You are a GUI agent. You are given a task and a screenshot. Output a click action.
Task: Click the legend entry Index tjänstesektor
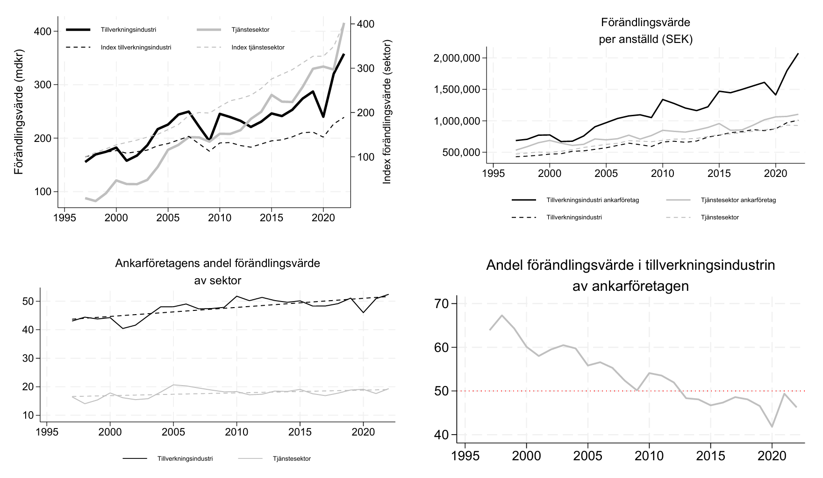pyautogui.click(x=258, y=48)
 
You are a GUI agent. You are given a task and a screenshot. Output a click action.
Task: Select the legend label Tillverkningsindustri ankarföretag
pyautogui.click(x=592, y=200)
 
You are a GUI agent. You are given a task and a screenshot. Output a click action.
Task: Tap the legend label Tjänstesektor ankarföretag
pyautogui.click(x=738, y=200)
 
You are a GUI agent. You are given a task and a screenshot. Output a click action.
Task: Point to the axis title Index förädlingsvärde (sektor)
pyautogui.click(x=386, y=112)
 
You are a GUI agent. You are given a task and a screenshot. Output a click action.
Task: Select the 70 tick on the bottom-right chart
pyautogui.click(x=441, y=304)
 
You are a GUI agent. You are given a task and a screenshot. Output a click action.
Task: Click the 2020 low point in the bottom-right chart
pyautogui.click(x=772, y=427)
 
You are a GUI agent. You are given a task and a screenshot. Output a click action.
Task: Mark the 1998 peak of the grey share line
pyautogui.click(x=502, y=315)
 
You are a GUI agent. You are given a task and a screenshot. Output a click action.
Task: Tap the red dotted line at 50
pyautogui.click(x=608, y=391)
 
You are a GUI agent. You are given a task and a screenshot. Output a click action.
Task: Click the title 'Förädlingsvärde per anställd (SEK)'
pyautogui.click(x=645, y=31)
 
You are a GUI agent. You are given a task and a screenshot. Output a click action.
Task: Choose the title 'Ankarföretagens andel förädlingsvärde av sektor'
pyautogui.click(x=217, y=272)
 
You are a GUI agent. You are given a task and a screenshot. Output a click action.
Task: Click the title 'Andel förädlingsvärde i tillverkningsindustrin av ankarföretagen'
pyautogui.click(x=630, y=275)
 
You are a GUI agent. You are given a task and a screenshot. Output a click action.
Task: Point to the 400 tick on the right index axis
pyautogui.click(x=365, y=24)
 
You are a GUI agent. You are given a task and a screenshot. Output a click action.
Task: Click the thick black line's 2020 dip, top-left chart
pyautogui.click(x=323, y=117)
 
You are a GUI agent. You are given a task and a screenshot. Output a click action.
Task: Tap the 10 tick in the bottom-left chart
pyautogui.click(x=28, y=415)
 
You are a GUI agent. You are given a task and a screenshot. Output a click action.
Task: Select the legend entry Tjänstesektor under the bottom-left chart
pyautogui.click(x=291, y=459)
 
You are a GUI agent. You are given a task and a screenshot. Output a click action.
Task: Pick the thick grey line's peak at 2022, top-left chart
pyautogui.click(x=344, y=23)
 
